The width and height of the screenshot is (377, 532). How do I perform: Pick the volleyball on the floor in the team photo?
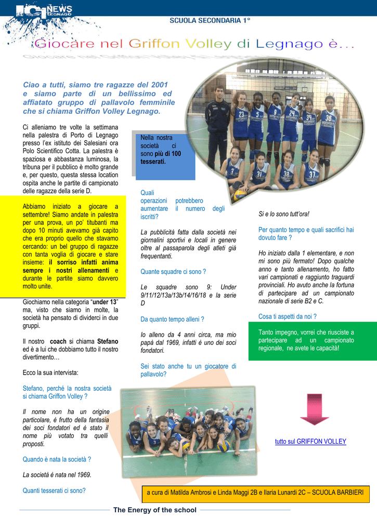coord(240,195)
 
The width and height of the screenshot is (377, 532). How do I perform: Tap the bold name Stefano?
coord(108,341)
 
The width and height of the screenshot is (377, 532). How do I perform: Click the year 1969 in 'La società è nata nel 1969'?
coord(82,474)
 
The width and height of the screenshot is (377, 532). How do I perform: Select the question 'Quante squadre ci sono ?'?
coord(173,271)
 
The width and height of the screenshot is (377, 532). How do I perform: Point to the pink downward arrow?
coord(314,408)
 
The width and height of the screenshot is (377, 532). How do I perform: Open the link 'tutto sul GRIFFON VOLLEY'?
coord(310,442)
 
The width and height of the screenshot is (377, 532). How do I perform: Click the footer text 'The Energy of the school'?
coord(155,510)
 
